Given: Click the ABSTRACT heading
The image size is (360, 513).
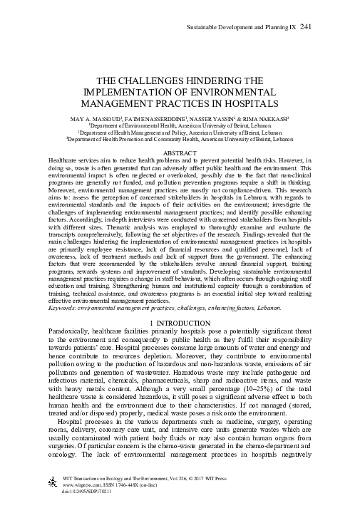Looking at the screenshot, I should point(180,154).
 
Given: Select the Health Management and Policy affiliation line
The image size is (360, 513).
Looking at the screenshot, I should point(180,132).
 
